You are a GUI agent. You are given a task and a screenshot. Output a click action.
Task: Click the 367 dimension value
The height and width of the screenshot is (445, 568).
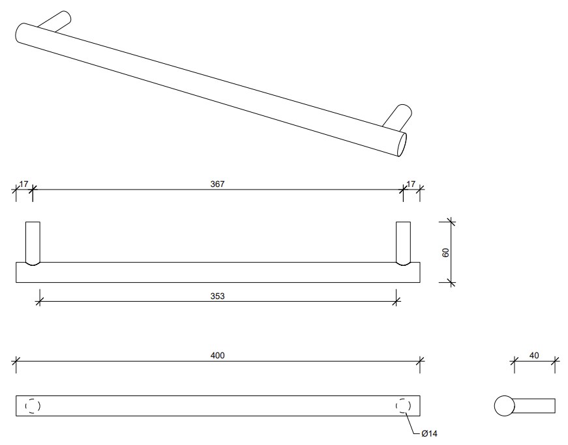pos(217,184)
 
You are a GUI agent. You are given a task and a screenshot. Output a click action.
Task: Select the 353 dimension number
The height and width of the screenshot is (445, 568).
pos(217,296)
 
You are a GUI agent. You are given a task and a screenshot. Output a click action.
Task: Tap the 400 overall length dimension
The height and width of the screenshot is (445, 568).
pos(217,356)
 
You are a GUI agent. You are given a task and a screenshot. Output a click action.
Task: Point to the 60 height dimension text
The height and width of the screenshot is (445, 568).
pos(445,253)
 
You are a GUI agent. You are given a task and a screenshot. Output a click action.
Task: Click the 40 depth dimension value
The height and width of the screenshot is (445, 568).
pos(534,356)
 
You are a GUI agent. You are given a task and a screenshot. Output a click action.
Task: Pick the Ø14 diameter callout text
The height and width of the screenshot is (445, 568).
pos(429,433)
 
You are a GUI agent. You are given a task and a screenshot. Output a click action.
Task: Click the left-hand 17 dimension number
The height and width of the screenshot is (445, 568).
pos(24,184)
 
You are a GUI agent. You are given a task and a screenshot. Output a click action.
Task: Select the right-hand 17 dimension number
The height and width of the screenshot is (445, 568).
pos(411,184)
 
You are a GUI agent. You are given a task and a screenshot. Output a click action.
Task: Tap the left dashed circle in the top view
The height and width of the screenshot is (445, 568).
pos(33,406)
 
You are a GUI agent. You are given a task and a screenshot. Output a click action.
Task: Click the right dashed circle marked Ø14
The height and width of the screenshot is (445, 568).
pos(403,406)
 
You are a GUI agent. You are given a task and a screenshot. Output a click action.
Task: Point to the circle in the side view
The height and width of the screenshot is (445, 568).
pos(504,406)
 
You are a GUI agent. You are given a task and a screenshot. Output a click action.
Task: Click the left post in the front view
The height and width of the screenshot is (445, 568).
pos(33,244)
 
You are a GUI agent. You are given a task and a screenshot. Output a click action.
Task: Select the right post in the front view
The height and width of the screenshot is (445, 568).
pos(403,244)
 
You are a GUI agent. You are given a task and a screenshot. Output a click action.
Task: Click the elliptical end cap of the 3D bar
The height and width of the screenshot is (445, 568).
pos(402,145)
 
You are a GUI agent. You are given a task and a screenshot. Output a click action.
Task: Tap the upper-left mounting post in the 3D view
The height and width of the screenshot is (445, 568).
pos(54,22)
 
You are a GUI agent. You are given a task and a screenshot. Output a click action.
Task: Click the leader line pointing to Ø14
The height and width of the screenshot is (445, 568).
pos(412,423)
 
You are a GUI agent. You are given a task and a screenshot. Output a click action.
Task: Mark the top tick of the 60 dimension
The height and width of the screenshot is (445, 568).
pos(451,222)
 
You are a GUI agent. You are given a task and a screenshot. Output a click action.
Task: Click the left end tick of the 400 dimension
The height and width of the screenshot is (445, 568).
pos(16,361)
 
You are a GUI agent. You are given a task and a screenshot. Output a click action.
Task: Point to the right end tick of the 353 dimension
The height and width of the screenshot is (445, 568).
pos(396,301)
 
